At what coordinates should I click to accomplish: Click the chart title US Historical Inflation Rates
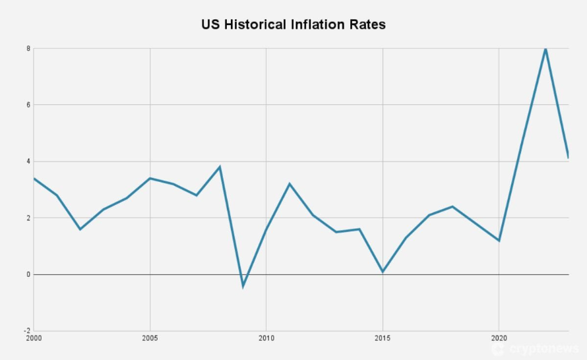(293, 25)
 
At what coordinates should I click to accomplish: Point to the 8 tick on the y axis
(28, 48)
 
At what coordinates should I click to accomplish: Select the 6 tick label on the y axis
(28, 105)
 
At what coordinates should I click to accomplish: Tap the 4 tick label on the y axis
(28, 162)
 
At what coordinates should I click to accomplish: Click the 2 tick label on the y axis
(28, 218)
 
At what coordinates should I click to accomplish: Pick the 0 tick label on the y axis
(28, 274)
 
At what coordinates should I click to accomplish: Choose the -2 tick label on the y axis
(27, 331)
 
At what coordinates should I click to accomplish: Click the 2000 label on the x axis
(34, 338)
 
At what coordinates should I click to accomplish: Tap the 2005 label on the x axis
(150, 338)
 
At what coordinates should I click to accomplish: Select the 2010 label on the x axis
(266, 338)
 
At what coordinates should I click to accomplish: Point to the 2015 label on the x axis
(383, 338)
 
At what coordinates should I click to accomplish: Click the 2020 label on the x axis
(499, 338)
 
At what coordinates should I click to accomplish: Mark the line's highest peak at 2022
(545, 49)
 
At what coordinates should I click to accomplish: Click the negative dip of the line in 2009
(243, 286)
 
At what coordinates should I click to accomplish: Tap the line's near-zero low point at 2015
(383, 272)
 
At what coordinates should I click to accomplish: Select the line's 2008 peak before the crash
(220, 167)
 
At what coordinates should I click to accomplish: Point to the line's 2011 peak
(290, 184)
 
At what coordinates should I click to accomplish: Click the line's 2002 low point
(80, 229)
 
